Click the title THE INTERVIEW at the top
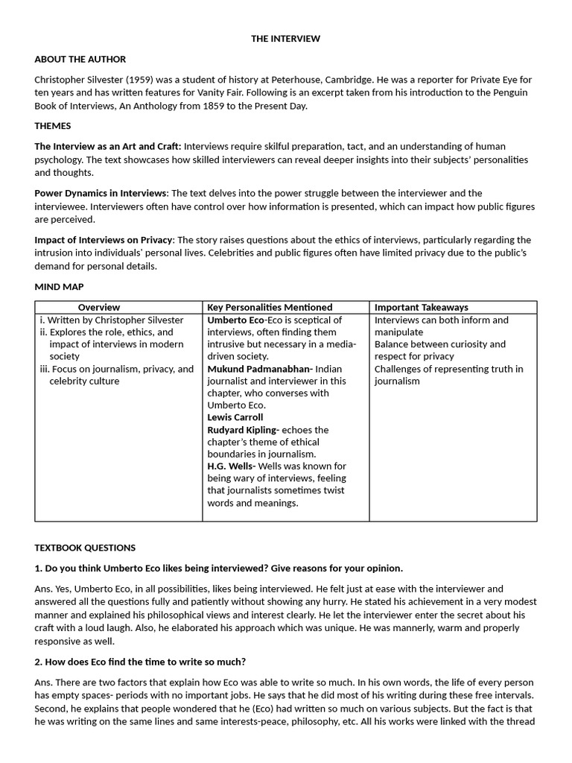tap(285, 39)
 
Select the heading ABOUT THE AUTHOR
tap(80, 59)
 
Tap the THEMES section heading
tap(53, 126)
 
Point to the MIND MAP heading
tap(59, 286)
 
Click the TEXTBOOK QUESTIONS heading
tap(85, 548)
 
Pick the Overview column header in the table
tap(99, 307)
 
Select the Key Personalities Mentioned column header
tap(270, 307)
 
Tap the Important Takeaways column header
tap(422, 307)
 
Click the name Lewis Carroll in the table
tap(235, 417)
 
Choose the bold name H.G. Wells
tap(232, 466)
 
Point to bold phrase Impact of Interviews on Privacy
tap(104, 240)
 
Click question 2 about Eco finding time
tap(140, 662)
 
